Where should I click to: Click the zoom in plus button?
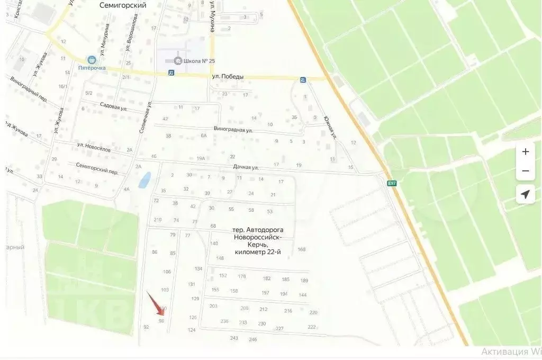point(525,152)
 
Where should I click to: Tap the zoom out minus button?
point(525,171)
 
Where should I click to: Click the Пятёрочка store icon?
point(92,60)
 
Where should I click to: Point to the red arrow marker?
point(155,304)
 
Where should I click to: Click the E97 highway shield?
point(392,183)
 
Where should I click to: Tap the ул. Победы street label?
point(228,77)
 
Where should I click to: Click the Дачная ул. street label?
point(246,168)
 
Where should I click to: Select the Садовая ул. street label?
point(114,106)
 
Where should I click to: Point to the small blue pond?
point(143,180)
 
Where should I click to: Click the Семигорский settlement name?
point(123,5)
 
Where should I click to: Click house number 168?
point(302,249)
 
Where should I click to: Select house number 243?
point(234,338)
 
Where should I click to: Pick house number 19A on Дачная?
point(201,158)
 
